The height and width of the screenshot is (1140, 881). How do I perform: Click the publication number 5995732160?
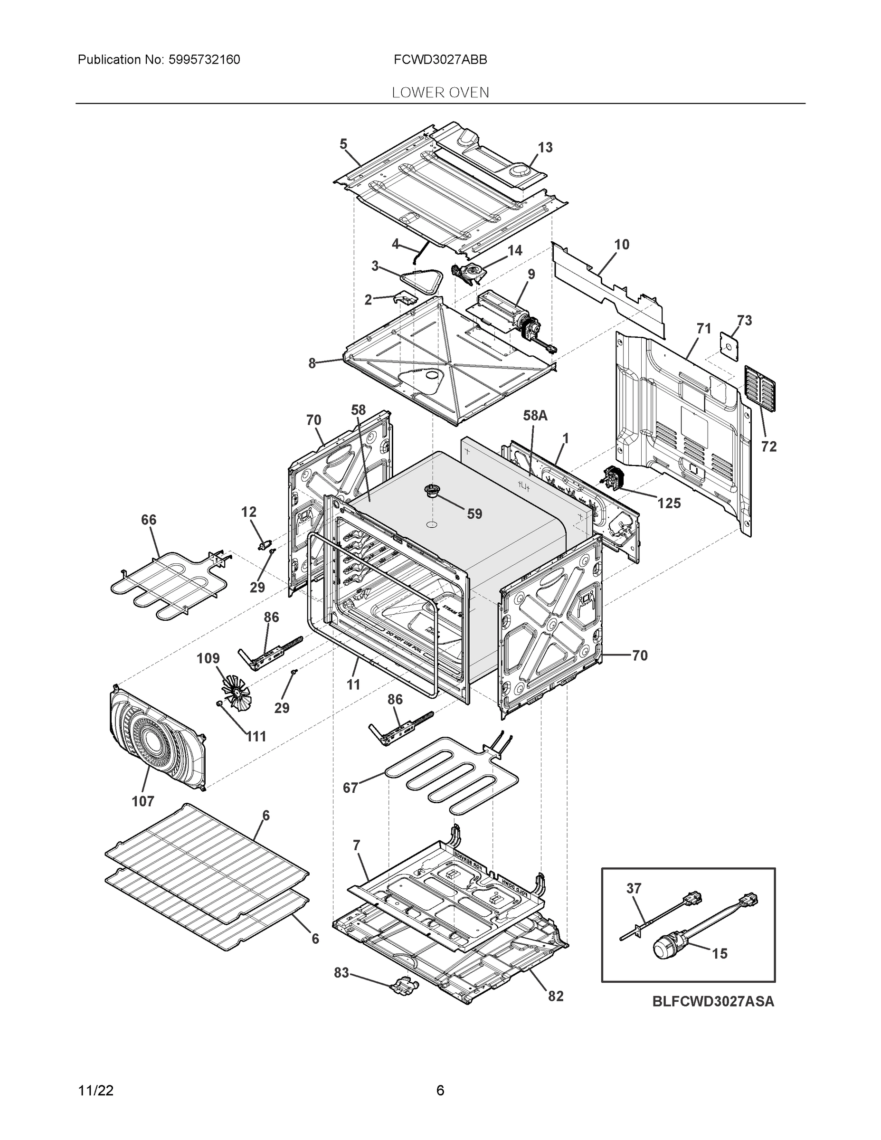(204, 60)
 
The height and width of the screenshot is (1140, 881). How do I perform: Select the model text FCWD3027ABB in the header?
(441, 60)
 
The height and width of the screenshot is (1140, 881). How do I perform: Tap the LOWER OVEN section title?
(441, 93)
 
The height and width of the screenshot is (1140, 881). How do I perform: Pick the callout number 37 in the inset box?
(634, 888)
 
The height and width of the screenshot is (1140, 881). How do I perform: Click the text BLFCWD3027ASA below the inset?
(713, 1002)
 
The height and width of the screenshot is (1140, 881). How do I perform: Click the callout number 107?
(143, 801)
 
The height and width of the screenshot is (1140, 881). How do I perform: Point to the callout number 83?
(341, 973)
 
